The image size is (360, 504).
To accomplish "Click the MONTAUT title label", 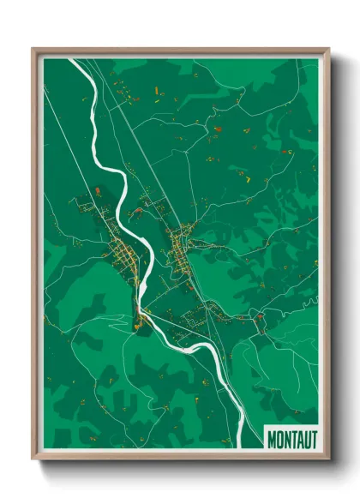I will click(x=291, y=439).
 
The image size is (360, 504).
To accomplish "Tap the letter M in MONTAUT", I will click(x=272, y=439).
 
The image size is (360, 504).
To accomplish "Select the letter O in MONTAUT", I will click(x=279, y=439).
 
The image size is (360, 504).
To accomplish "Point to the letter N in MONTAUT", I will click(x=286, y=439).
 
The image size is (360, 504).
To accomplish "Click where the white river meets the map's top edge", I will click(x=72, y=60).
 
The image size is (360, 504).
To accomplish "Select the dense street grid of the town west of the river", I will click(x=121, y=253).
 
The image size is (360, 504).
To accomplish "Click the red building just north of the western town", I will click(x=98, y=190).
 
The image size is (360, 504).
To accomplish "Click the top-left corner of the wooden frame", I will click(x=33, y=50).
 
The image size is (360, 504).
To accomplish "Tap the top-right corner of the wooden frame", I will click(x=328, y=50).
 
